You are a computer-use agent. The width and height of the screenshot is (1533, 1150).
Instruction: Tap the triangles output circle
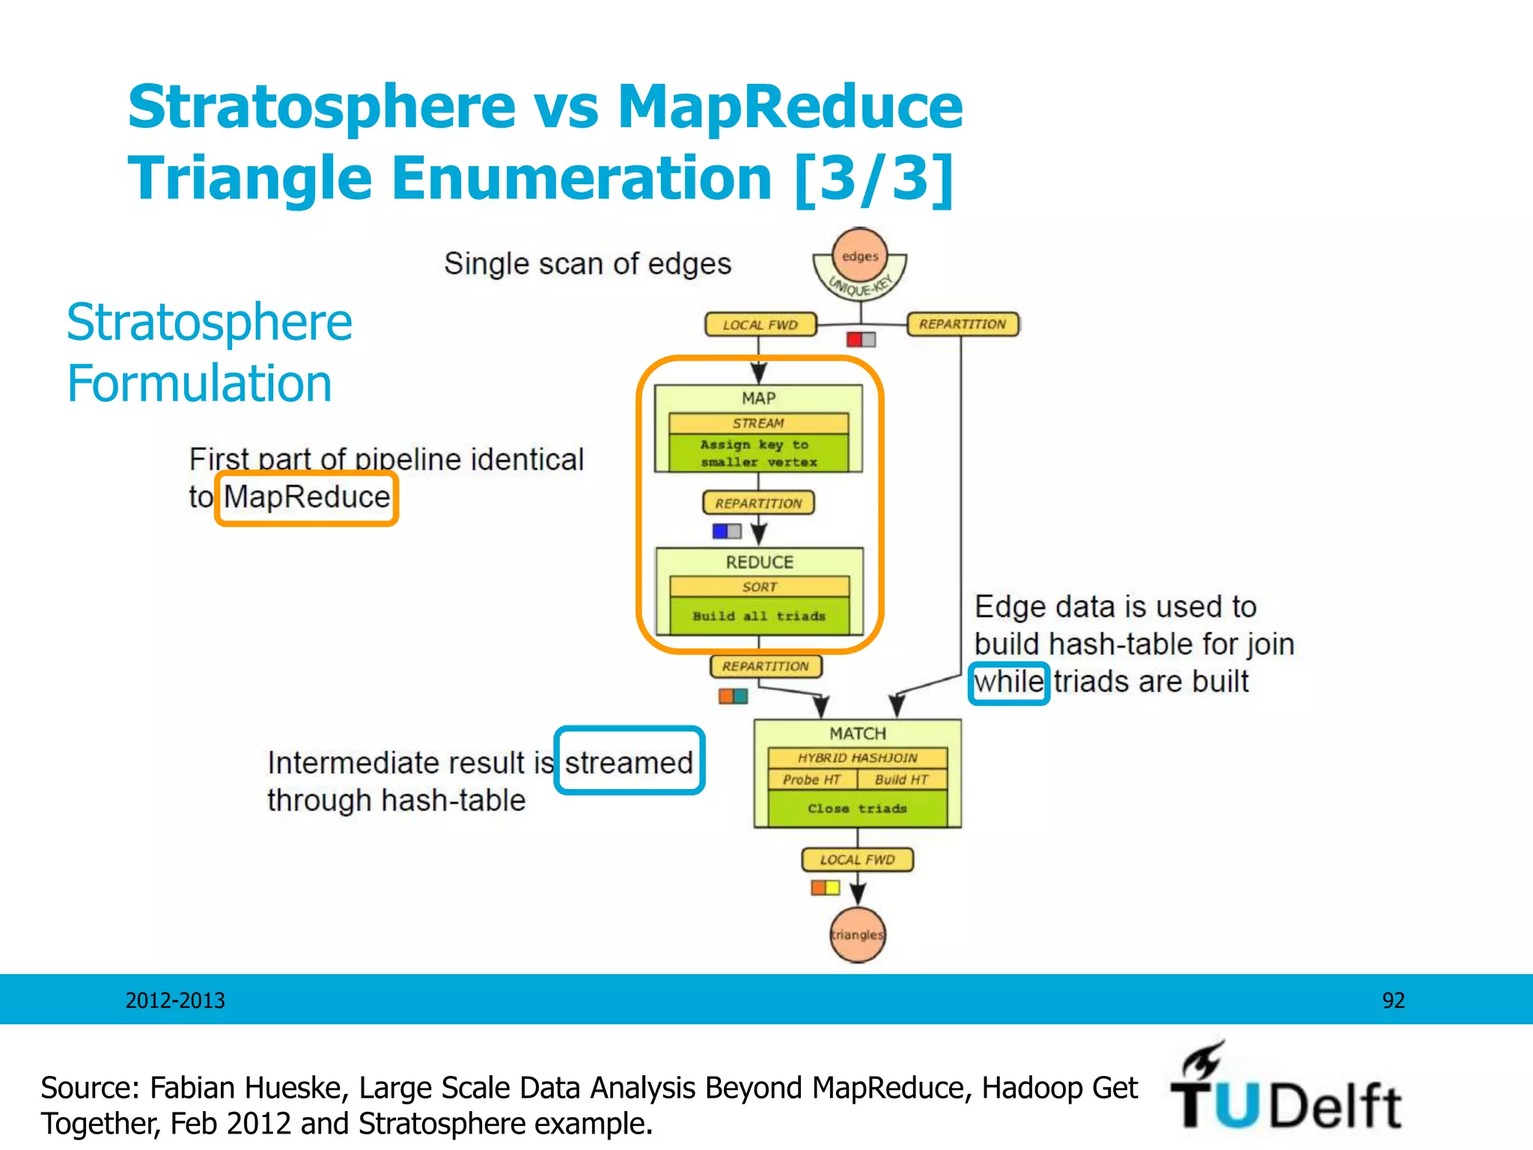858,934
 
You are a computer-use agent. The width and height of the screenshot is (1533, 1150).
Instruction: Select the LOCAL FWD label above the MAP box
761,325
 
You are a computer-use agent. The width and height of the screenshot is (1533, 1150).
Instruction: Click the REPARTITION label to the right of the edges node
963,324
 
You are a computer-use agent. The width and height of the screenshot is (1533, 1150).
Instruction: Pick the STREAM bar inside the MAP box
758,423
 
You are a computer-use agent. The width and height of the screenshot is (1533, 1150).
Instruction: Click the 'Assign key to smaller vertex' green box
758,453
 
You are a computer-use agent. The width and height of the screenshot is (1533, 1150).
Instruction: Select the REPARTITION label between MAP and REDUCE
758,503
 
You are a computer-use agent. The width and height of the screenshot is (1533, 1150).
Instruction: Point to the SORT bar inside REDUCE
760,587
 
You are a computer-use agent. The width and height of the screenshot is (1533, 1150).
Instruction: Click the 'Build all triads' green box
760,616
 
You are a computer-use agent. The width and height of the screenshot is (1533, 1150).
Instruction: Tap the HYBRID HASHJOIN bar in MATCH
857,758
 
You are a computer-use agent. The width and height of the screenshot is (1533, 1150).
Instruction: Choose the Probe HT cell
812,779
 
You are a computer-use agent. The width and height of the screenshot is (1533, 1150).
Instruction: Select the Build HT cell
902,779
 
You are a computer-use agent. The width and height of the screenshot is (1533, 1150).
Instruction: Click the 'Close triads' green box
857,809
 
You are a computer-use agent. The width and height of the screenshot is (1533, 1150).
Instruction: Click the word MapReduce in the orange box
307,497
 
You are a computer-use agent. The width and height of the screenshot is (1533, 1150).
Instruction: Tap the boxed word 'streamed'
629,762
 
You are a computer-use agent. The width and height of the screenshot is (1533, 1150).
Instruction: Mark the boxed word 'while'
1008,682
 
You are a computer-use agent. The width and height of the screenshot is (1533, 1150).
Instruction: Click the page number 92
1393,1000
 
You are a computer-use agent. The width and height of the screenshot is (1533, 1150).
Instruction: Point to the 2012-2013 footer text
175,1000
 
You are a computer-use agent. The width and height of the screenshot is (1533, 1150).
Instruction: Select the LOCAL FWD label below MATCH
858,860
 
